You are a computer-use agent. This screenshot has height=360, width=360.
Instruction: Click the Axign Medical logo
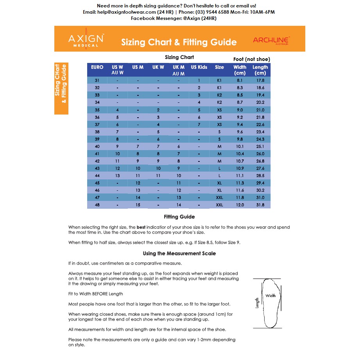click(86, 39)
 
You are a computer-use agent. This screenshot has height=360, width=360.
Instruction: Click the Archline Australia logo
click(271, 41)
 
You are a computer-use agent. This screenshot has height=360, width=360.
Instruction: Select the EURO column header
click(97, 67)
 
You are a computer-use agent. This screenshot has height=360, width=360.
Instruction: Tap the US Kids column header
click(199, 67)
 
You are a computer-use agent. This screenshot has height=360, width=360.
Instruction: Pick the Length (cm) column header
click(260, 70)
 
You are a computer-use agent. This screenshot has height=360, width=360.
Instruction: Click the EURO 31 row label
click(97, 81)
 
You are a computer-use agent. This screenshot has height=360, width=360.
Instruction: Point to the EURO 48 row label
click(97, 205)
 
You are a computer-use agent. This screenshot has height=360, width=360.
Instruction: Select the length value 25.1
click(260, 147)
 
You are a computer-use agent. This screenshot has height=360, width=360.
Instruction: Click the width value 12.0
click(240, 205)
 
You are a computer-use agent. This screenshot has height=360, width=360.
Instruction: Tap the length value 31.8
click(260, 205)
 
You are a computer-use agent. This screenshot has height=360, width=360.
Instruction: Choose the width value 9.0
click(240, 110)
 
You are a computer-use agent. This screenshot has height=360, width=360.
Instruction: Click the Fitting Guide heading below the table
click(179, 217)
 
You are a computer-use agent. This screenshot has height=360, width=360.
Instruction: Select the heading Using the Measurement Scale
click(179, 253)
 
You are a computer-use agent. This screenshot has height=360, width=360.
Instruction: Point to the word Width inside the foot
click(270, 296)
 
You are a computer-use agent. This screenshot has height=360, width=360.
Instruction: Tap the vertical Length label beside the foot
click(257, 303)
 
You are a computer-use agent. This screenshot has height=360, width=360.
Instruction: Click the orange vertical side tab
click(61, 88)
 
